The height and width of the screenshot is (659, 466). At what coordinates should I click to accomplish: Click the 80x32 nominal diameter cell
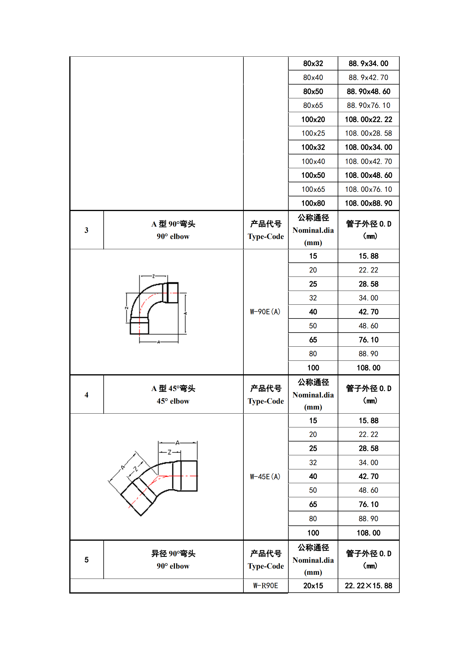tap(313, 63)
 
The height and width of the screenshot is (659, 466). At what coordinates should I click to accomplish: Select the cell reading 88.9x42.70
tap(368, 77)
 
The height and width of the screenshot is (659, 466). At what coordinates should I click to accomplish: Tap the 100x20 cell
tap(313, 119)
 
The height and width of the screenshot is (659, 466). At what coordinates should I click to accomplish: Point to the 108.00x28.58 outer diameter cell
tap(368, 133)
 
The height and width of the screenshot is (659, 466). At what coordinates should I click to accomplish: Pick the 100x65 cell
tap(313, 189)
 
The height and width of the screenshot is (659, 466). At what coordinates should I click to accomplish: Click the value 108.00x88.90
tap(368, 203)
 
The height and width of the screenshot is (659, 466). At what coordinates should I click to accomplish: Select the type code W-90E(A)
tap(265, 312)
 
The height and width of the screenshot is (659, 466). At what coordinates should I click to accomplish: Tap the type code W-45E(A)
tap(265, 476)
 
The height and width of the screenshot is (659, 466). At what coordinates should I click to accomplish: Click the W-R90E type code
tap(265, 586)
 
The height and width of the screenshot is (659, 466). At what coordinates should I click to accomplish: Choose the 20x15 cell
tap(313, 586)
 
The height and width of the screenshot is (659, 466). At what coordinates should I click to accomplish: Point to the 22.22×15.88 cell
tap(368, 586)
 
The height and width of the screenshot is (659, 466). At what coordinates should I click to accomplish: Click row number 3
tap(86, 230)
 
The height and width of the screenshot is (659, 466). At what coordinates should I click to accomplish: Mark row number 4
tap(86, 395)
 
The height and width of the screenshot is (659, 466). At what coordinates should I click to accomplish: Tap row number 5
tap(86, 560)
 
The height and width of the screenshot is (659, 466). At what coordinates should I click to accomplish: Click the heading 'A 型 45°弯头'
tap(173, 389)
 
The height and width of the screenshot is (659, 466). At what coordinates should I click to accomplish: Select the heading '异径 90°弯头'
tap(173, 554)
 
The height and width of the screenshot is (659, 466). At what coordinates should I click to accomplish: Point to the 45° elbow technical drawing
tap(153, 477)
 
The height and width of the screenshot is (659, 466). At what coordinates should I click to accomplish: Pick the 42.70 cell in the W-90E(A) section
tap(368, 312)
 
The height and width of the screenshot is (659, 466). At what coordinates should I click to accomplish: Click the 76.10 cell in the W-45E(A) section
tap(368, 504)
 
